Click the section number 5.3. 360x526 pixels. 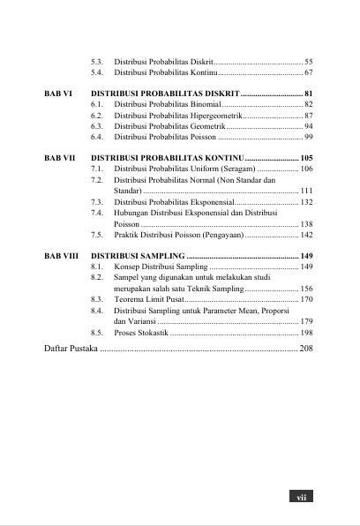(97, 61)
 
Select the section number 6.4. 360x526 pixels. (97, 137)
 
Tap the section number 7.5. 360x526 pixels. (97, 236)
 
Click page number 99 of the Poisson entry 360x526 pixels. (308, 137)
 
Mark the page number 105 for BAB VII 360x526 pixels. (306, 157)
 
